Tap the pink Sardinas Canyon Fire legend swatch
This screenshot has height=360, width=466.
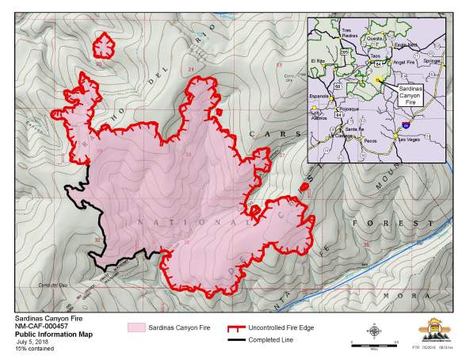pyautogui.click(x=139, y=327)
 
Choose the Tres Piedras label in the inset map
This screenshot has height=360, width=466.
pyautogui.click(x=346, y=33)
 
